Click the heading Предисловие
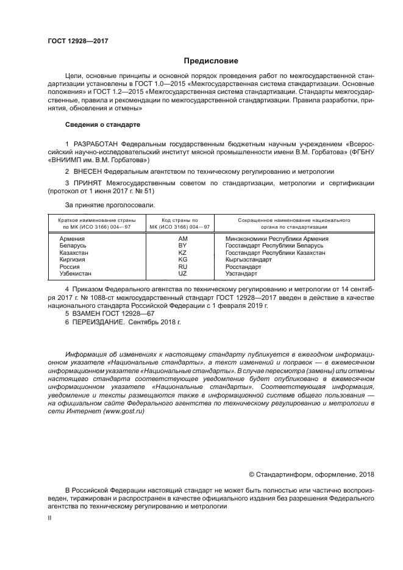[211, 61]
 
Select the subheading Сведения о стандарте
[102, 124]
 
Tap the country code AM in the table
[182, 239]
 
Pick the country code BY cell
[182, 246]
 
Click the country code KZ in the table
[182, 252]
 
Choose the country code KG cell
[182, 260]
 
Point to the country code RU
[182, 266]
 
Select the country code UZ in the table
[182, 274]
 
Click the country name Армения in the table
[73, 239]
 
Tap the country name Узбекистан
[76, 274]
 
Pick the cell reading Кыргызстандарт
[248, 260]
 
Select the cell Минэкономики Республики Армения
[277, 239]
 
